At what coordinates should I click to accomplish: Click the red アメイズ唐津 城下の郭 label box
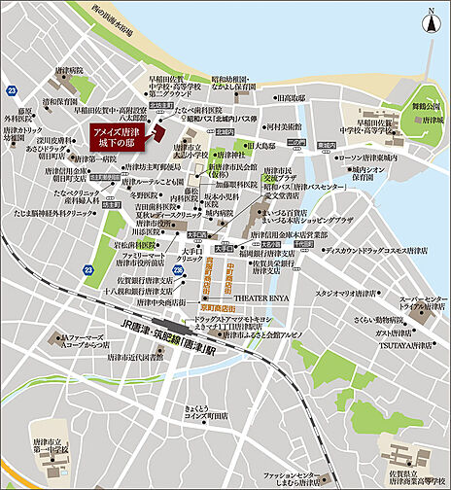(115, 138)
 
